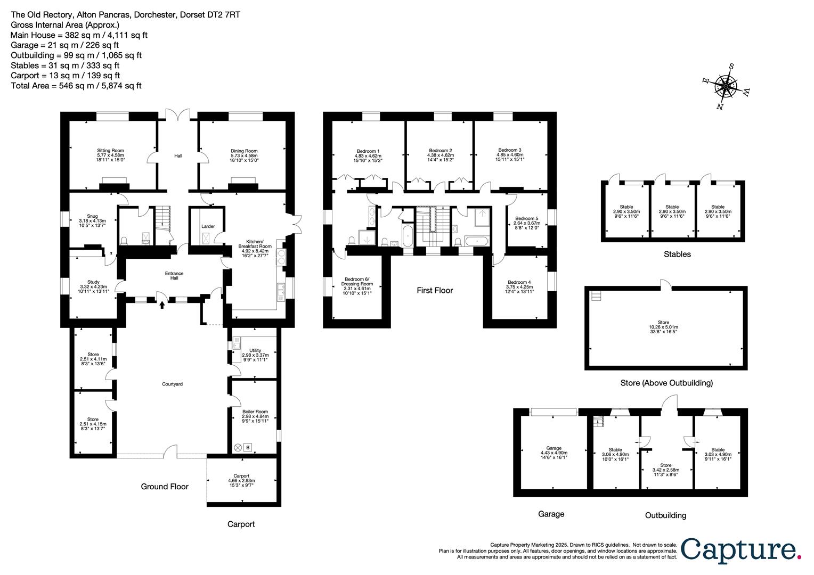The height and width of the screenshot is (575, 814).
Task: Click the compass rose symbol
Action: click(725, 86)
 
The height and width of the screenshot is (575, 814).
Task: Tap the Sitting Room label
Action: click(110, 151)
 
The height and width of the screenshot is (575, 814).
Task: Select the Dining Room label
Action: click(244, 151)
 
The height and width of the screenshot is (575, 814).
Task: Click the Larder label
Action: click(208, 226)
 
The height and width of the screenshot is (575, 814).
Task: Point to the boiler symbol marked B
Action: click(248, 447)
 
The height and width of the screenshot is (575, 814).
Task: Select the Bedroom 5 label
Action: click(526, 218)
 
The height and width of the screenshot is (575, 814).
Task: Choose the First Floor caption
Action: click(435, 290)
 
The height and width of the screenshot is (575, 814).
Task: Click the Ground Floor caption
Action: click(165, 486)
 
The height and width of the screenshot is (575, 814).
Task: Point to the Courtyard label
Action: click(173, 384)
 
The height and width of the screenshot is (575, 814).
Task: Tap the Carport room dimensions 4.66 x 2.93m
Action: click(241, 481)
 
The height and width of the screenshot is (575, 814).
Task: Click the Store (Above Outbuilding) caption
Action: click(666, 382)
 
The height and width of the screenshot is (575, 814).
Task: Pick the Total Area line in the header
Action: click(76, 85)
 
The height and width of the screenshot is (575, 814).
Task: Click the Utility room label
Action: click(255, 350)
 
